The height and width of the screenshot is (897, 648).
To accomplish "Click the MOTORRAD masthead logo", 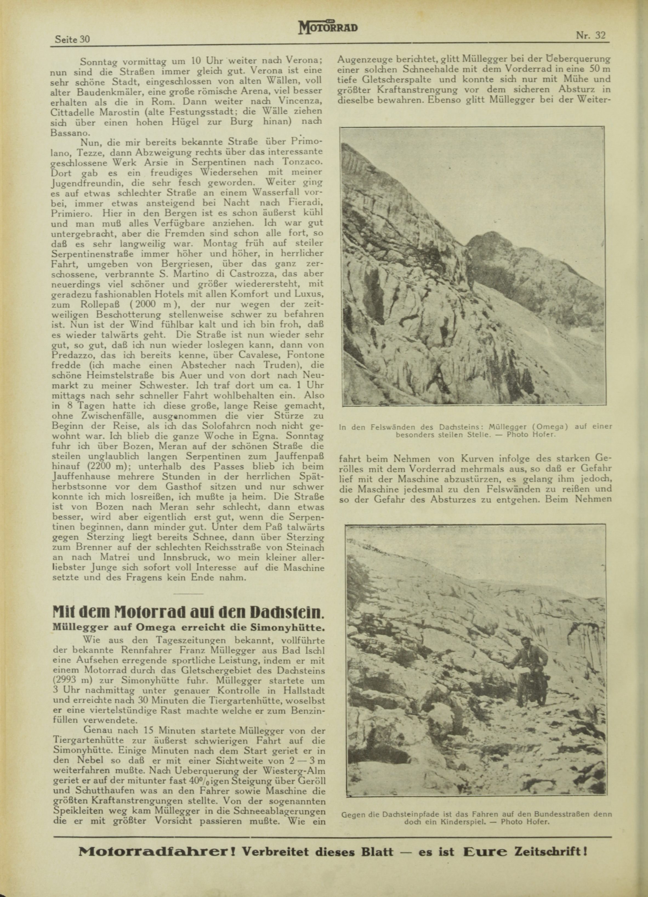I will (x=328, y=28).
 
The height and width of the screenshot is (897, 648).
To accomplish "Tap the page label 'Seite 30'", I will (x=72, y=39).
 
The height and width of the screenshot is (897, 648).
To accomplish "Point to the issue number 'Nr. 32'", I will (x=591, y=35).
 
